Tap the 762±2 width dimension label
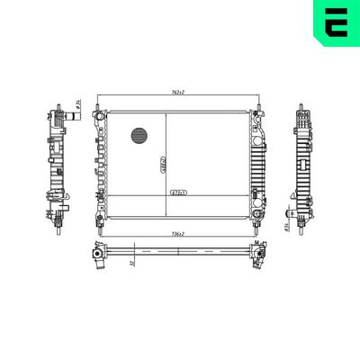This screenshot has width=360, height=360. click(x=177, y=94)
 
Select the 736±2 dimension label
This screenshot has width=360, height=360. click(x=177, y=234)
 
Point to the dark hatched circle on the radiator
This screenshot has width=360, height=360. click(x=139, y=137)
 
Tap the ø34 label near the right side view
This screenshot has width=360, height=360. click(x=285, y=225)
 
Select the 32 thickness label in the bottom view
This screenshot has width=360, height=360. click(x=132, y=262)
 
